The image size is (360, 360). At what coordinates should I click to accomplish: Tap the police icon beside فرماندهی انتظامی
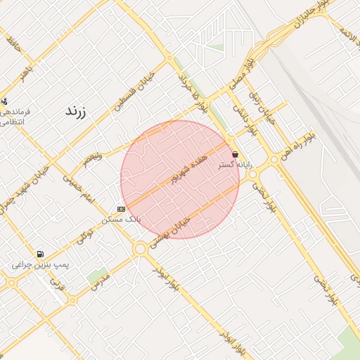click(x=5, y=101)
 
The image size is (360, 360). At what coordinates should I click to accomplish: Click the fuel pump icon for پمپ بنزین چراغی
click(x=40, y=254)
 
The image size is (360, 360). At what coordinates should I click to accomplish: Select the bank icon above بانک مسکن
click(x=121, y=209)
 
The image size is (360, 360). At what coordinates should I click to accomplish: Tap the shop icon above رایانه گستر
click(x=234, y=153)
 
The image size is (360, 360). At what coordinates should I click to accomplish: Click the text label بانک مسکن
click(x=121, y=219)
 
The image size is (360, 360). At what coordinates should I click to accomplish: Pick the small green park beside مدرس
click(x=98, y=275)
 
